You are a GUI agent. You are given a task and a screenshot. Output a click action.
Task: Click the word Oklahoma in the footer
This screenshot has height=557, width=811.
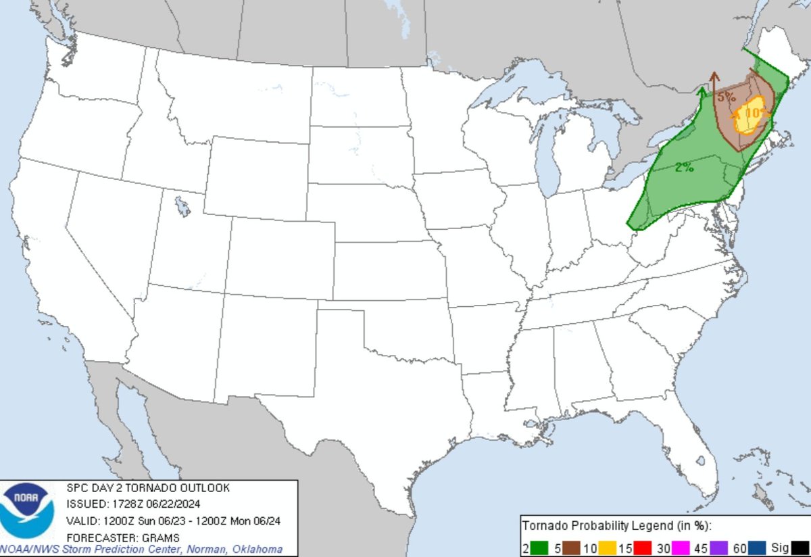[260, 549]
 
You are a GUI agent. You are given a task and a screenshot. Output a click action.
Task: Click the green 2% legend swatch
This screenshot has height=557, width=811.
[539, 549]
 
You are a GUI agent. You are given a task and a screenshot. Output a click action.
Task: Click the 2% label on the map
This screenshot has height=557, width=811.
[684, 168]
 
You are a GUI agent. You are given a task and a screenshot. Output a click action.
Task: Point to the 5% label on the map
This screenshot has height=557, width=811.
[727, 97]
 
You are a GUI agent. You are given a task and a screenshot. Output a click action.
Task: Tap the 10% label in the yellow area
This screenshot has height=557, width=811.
[756, 112]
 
